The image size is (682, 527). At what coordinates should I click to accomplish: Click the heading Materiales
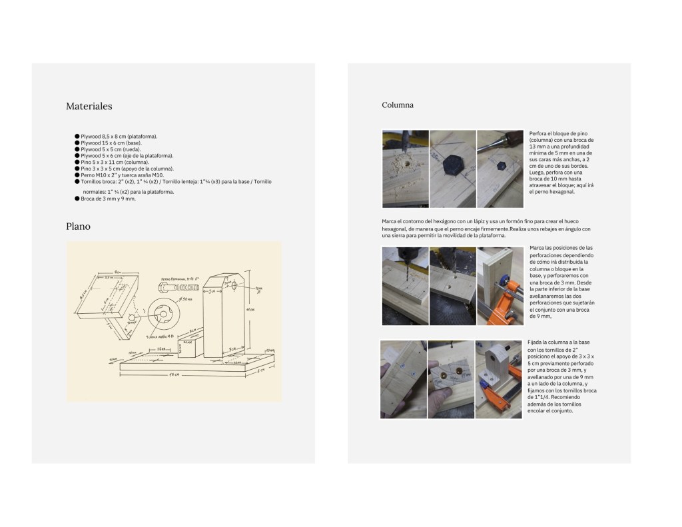(x=89, y=107)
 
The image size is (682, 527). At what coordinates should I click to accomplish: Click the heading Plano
(x=78, y=227)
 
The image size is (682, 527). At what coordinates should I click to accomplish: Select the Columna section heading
(x=398, y=105)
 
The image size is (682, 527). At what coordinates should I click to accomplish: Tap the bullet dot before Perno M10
(x=77, y=175)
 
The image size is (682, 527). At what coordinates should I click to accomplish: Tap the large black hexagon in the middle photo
(x=454, y=163)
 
